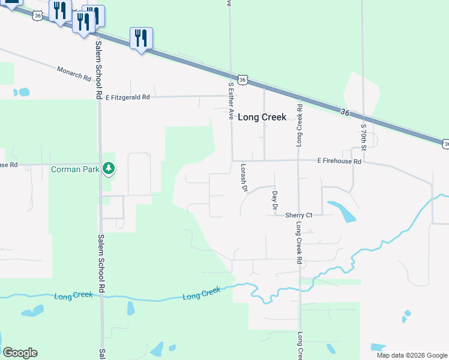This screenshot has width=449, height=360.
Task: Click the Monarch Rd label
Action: coord(74,74)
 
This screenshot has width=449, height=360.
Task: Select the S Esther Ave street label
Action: coord(230,101)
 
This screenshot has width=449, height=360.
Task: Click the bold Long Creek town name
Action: coord(262,118)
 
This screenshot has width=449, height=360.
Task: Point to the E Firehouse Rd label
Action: coord(339,162)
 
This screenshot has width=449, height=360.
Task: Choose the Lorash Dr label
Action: coord(244,178)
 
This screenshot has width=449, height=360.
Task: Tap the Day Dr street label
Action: coord(274,200)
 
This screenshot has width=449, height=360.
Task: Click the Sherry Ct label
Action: coord(299,215)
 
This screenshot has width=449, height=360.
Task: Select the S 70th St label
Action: coord(364,137)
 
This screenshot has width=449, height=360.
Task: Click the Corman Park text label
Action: coord(76,170)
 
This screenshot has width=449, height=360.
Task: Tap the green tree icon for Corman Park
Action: coord(109,169)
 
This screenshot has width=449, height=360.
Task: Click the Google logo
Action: coord(20,353)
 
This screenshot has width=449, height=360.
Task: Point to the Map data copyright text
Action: coord(411,355)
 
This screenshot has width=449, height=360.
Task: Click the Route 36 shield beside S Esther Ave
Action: coord(243,79)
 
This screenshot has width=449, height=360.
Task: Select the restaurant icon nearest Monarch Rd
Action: coord(141,38)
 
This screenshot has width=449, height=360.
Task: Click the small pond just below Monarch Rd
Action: coord(23,92)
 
